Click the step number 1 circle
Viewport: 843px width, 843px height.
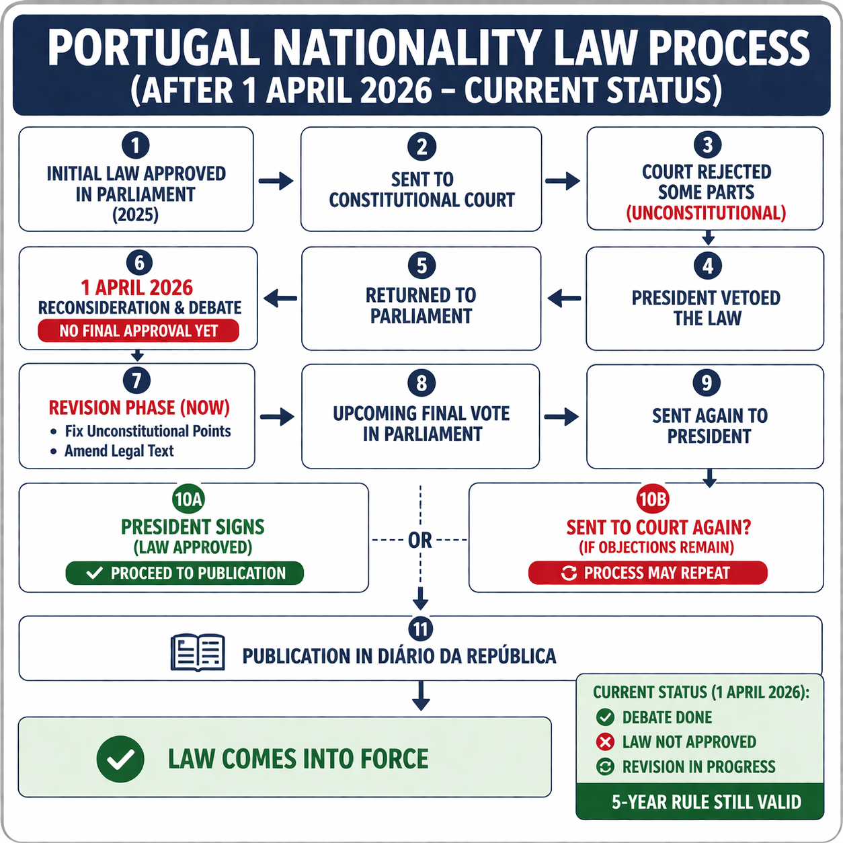[x=136, y=146]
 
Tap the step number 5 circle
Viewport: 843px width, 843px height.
[x=421, y=266]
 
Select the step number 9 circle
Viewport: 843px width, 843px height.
[x=707, y=383]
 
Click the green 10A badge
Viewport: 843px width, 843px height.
[x=188, y=499]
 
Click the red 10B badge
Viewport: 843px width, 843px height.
[x=653, y=499]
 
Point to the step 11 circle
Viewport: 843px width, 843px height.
[x=421, y=629]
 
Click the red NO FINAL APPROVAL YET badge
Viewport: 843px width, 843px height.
[x=138, y=331]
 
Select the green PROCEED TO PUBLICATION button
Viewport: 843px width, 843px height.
[x=185, y=573]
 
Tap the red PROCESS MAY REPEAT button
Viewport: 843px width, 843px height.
[x=647, y=573]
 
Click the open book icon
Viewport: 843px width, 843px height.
[x=198, y=653]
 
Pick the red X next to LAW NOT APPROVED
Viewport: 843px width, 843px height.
[x=605, y=742]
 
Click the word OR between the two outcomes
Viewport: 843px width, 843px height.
[x=420, y=540]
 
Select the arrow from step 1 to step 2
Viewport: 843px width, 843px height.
[x=276, y=180]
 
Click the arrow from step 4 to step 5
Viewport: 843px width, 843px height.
[x=564, y=298]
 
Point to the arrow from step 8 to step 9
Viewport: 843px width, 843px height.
[x=561, y=417]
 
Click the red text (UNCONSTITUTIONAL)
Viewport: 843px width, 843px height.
[x=706, y=213]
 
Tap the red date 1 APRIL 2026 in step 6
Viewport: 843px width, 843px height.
[x=137, y=288]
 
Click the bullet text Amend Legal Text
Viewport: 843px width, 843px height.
[x=119, y=451]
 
